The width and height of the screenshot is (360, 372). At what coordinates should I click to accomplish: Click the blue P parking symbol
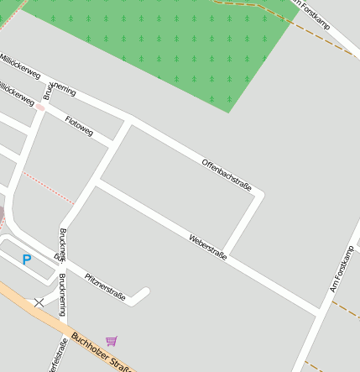26,259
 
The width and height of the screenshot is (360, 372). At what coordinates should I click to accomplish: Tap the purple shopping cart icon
112,341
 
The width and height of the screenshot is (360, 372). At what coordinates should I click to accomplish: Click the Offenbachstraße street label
227,175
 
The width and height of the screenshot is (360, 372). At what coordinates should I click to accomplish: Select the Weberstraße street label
208,247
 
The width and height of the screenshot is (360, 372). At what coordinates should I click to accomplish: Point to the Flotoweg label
79,125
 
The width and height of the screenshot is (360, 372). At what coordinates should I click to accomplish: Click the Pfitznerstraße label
105,286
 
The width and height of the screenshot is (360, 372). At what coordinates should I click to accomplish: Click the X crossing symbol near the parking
39,301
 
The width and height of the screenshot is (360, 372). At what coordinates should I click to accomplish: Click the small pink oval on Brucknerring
39,107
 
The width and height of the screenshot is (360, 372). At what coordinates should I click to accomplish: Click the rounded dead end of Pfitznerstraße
145,292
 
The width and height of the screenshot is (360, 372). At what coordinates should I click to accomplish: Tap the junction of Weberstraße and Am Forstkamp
319,313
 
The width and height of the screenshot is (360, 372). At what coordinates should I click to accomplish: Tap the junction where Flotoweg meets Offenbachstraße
128,122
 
